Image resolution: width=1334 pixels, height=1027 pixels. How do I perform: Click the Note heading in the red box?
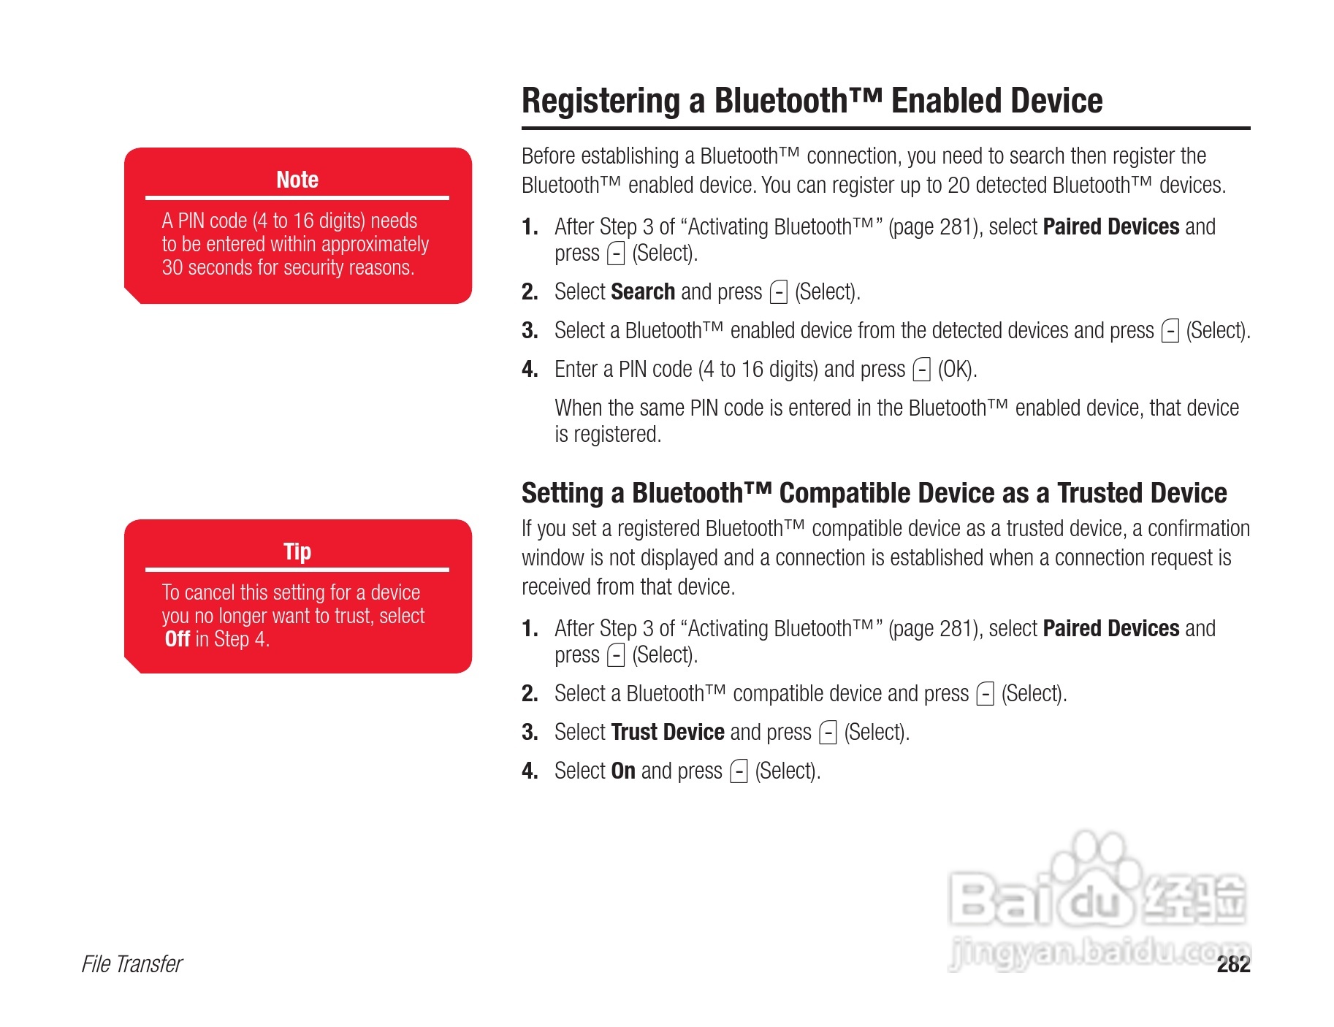(297, 180)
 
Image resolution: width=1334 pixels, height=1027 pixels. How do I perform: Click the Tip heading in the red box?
(297, 551)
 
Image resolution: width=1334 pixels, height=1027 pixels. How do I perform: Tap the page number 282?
(1233, 965)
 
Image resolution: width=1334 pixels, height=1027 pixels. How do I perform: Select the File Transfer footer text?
(132, 964)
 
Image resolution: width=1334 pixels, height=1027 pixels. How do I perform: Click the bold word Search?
(643, 291)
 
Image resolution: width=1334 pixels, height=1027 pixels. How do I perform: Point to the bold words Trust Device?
(668, 732)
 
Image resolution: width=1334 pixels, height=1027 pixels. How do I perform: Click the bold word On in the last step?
(623, 771)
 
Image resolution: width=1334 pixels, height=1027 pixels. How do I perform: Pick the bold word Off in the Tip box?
(178, 639)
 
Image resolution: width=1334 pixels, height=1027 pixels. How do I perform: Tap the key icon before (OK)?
(922, 370)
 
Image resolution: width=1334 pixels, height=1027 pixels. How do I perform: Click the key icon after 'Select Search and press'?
(779, 292)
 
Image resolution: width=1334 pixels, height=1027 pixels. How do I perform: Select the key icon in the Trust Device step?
(828, 733)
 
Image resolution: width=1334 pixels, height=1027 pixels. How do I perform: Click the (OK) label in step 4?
(957, 370)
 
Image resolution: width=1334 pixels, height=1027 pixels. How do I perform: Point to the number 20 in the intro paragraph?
(958, 186)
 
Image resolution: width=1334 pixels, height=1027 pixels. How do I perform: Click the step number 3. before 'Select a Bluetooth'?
(530, 331)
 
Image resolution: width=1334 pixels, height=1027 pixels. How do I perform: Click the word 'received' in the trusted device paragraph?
(556, 587)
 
